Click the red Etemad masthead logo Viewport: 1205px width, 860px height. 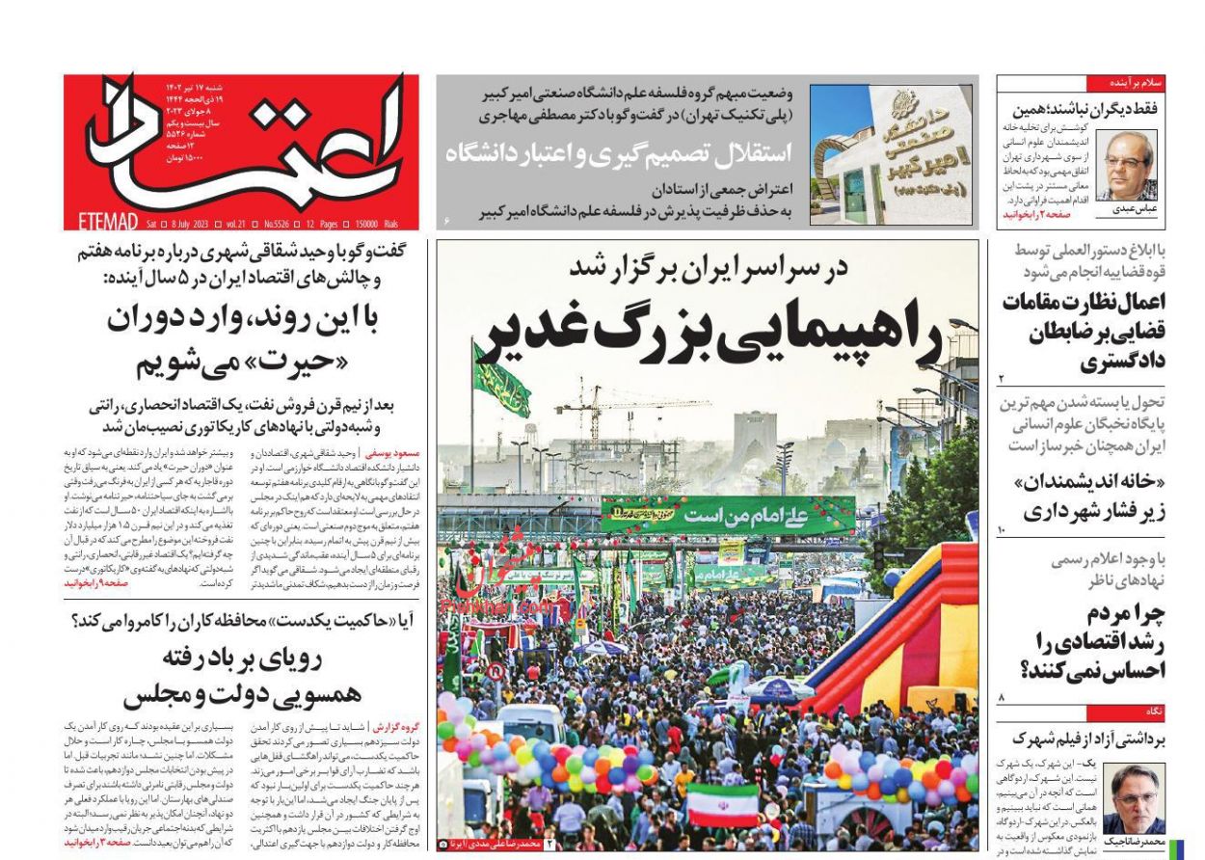(241, 145)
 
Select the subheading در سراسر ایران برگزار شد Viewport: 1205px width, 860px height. (709, 269)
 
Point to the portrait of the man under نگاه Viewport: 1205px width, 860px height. (1134, 798)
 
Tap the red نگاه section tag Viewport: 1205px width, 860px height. (1153, 712)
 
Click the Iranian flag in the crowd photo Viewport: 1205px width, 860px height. (722, 804)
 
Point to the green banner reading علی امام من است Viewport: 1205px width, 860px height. (728, 515)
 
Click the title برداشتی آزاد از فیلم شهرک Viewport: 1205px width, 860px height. (1084, 739)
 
